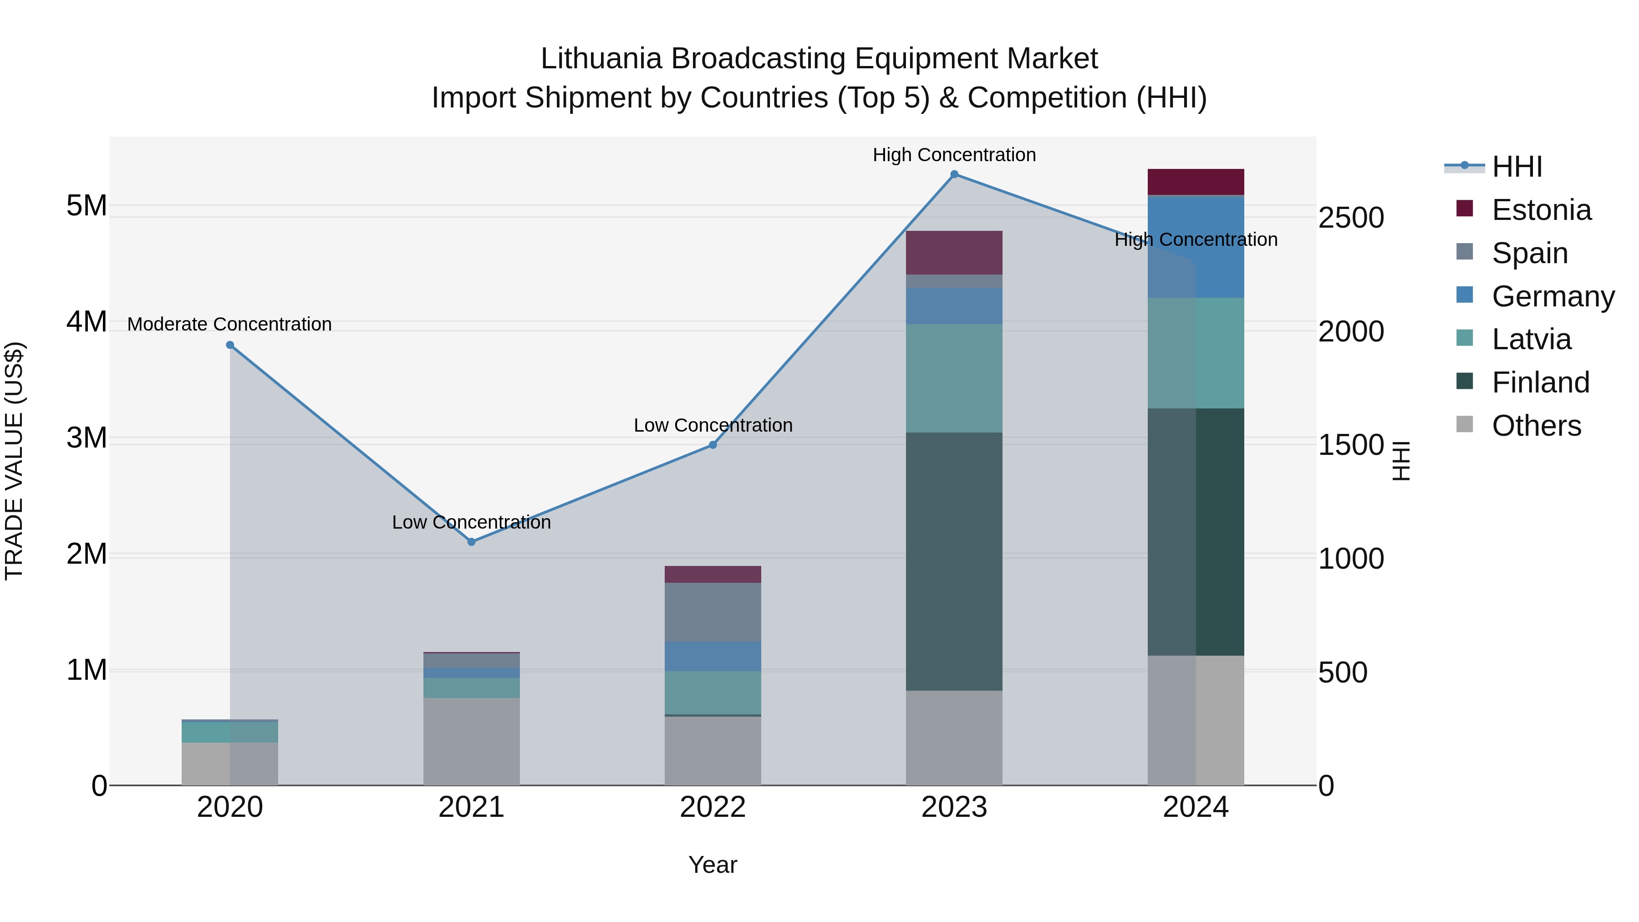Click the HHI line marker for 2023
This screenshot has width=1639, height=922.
tap(954, 174)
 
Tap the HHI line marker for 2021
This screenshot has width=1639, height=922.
tap(472, 541)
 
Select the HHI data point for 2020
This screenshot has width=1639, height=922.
tap(230, 345)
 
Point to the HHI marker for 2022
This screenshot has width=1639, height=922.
tap(713, 445)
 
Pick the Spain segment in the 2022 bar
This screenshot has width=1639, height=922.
tap(713, 611)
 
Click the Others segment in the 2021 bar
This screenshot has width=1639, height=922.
tap(472, 741)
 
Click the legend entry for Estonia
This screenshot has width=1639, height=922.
tap(1541, 210)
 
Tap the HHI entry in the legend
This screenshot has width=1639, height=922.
tap(1517, 167)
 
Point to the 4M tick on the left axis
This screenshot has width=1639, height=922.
tap(87, 322)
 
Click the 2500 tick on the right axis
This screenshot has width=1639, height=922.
tap(1351, 218)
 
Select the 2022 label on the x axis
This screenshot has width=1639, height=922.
tap(713, 807)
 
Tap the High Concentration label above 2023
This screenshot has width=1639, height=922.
tap(954, 155)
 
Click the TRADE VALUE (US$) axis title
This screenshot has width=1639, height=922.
tap(14, 461)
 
